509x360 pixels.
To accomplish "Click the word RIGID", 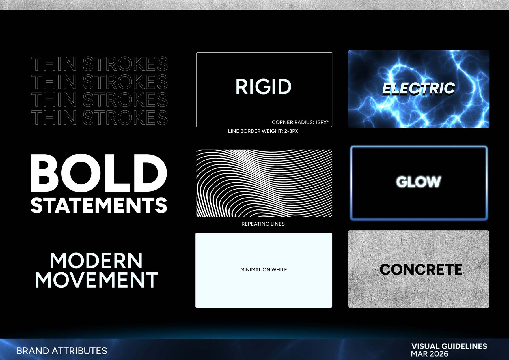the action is click(x=263, y=87).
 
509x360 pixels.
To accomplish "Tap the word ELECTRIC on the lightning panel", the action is click(x=419, y=88).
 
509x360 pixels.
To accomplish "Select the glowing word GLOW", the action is click(x=419, y=182).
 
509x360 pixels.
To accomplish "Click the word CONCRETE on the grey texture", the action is click(x=421, y=269).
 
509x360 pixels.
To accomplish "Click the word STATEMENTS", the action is click(x=99, y=205).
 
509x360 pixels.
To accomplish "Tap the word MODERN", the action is click(x=96, y=261).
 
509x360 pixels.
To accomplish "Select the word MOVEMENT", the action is click(x=96, y=280).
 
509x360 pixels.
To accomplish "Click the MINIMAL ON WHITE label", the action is click(x=264, y=270).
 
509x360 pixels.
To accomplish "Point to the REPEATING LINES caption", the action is click(x=263, y=224).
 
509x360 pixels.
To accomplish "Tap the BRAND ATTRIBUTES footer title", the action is click(x=62, y=351).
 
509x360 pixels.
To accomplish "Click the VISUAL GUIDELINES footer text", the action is click(x=449, y=346).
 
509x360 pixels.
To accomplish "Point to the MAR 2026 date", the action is click(x=430, y=354).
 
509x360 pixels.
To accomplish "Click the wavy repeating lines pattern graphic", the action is click(x=264, y=183).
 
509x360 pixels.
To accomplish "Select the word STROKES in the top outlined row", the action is click(x=125, y=64).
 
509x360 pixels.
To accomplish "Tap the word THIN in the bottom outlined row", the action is click(x=54, y=117).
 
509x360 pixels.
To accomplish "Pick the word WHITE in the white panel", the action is click(x=279, y=270).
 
